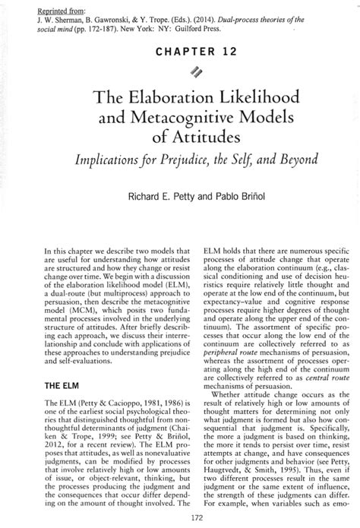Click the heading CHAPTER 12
[x=180, y=52]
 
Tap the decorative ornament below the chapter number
[x=180, y=72]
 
